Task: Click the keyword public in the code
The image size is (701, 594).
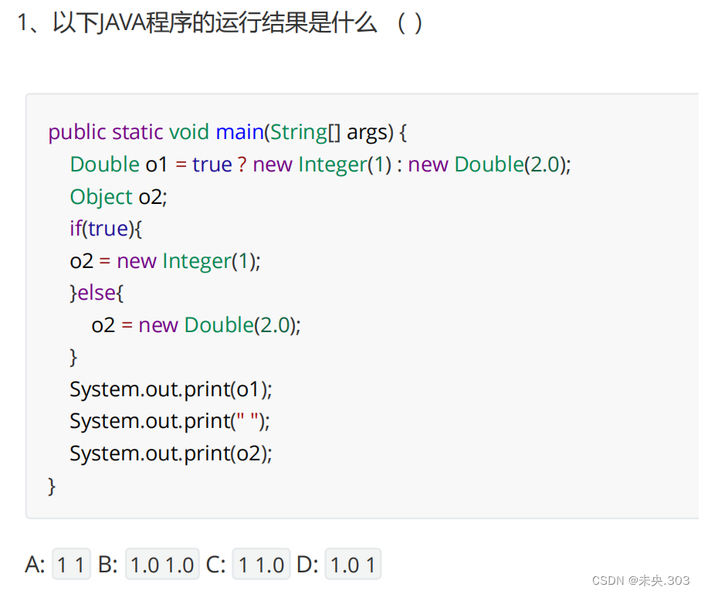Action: point(76,132)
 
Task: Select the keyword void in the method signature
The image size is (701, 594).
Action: point(189,132)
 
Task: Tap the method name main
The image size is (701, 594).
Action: point(239,132)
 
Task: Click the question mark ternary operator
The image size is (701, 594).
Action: point(242,165)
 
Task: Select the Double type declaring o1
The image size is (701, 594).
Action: point(104,165)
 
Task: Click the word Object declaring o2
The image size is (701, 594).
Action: point(101,197)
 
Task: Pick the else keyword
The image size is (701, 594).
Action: point(100,293)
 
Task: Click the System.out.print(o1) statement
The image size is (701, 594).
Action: point(171,389)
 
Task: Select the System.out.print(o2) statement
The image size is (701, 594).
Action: point(171,453)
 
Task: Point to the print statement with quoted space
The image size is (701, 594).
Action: point(170,421)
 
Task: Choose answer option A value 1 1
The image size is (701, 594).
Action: point(71,565)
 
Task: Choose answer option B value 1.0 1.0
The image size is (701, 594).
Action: point(162,565)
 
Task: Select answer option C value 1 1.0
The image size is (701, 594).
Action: point(262,565)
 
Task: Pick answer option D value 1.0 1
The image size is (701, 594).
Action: point(353,565)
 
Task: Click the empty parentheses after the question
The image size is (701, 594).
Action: point(409,24)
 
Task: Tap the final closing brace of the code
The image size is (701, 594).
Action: point(52,486)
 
